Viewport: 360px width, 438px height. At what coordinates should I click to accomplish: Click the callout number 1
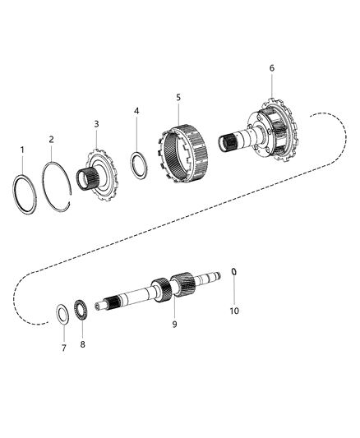[x=23, y=150]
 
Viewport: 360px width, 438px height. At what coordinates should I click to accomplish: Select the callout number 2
[x=51, y=140]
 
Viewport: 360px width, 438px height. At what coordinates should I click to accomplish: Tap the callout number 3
[x=95, y=123]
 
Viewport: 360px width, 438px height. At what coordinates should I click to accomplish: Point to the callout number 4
[x=136, y=110]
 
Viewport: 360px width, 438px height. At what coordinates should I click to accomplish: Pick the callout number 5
[x=178, y=97]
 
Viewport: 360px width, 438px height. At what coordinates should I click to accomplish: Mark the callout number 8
[x=82, y=346]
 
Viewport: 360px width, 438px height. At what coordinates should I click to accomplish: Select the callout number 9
[x=174, y=324]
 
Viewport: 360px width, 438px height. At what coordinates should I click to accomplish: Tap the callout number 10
[x=234, y=311]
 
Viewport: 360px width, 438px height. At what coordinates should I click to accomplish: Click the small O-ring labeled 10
[x=234, y=294]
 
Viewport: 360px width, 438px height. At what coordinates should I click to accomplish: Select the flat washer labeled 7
[x=62, y=313]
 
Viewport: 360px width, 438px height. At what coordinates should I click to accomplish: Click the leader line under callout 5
[x=178, y=112]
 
